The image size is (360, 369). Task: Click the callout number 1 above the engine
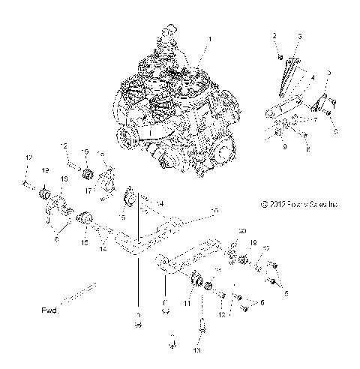(x=210, y=38)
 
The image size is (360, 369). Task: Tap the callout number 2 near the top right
(x=274, y=36)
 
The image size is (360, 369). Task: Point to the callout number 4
(x=312, y=77)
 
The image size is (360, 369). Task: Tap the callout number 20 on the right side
(x=241, y=230)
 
